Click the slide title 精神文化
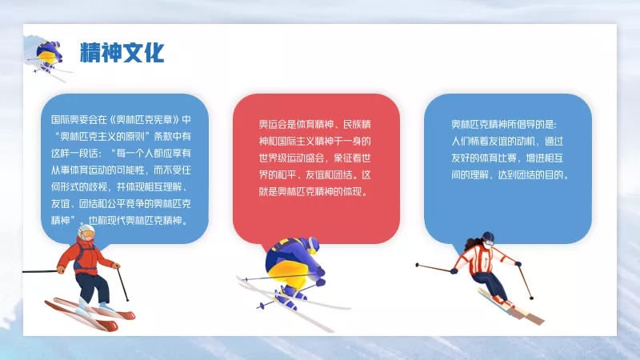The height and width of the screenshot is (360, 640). tap(122, 53)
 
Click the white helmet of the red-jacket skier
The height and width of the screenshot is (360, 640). tap(86, 231)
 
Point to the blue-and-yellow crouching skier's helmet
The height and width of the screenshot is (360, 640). tap(313, 244)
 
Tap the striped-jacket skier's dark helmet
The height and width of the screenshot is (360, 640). tap(488, 238)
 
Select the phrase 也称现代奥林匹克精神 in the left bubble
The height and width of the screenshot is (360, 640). tap(134, 221)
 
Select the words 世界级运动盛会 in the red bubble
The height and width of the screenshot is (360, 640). tap(291, 158)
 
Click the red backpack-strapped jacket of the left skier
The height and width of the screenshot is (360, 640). tap(86, 257)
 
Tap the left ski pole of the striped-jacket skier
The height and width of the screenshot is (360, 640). tap(434, 268)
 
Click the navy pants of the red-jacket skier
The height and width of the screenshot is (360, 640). tap(93, 288)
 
